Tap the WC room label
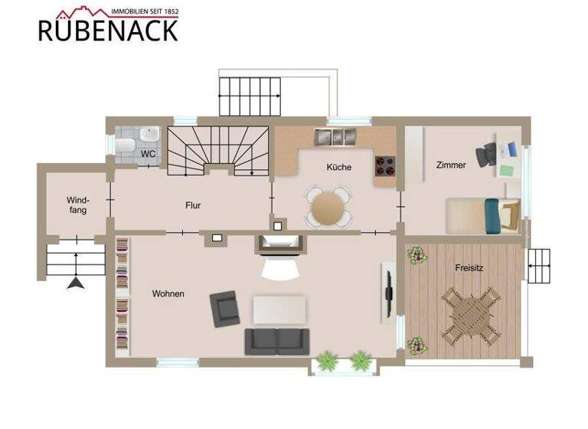pyautogui.click(x=149, y=153)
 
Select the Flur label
pyautogui.click(x=193, y=205)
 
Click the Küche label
pyautogui.click(x=338, y=167)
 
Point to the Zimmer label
pyautogui.click(x=451, y=165)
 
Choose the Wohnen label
pyautogui.click(x=168, y=293)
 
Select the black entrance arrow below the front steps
pyautogui.click(x=75, y=283)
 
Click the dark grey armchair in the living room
pyautogui.click(x=224, y=306)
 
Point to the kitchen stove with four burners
pyautogui.click(x=385, y=166)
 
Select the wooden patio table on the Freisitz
pyautogui.click(x=469, y=312)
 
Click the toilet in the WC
pyautogui.click(x=127, y=145)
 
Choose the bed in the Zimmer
pyautogui.click(x=482, y=215)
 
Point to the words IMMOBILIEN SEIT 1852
pyautogui.click(x=145, y=11)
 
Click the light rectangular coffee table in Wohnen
pyautogui.click(x=279, y=309)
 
